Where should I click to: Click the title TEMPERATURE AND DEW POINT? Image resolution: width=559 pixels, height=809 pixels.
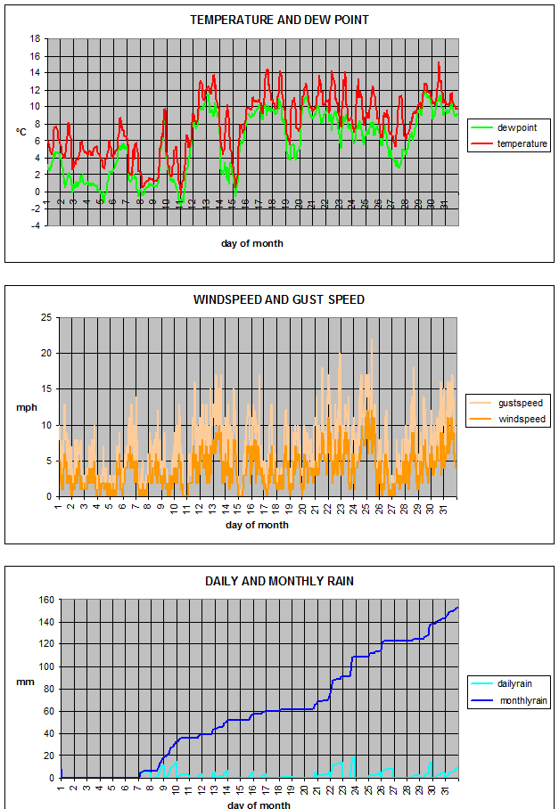[279, 20]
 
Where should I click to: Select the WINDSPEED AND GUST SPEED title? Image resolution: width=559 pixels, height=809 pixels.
[279, 299]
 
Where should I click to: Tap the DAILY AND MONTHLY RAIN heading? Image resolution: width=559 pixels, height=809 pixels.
[279, 581]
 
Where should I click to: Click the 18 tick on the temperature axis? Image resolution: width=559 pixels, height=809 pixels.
[35, 38]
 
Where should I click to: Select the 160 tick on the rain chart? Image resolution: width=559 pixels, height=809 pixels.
[43, 600]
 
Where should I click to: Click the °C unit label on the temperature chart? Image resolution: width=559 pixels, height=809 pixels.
[21, 132]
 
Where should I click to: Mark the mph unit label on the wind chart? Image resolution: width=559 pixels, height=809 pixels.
[25, 407]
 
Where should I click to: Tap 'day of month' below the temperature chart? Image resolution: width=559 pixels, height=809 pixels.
[252, 243]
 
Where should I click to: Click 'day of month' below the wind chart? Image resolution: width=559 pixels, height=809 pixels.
[257, 525]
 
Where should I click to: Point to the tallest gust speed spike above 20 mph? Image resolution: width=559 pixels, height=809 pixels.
[372, 339]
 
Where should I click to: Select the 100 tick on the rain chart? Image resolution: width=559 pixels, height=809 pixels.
[43, 666]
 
